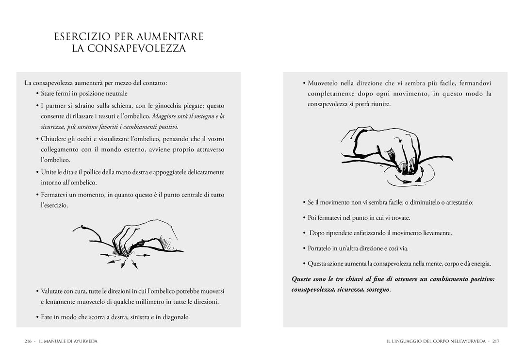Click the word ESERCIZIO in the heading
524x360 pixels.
coord(82,37)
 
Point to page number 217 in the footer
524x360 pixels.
coord(495,341)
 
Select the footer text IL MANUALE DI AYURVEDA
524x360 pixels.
coord(68,341)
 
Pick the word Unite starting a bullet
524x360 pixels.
coord(49,172)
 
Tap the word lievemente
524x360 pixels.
coord(435,233)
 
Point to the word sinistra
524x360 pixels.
coord(138,317)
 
